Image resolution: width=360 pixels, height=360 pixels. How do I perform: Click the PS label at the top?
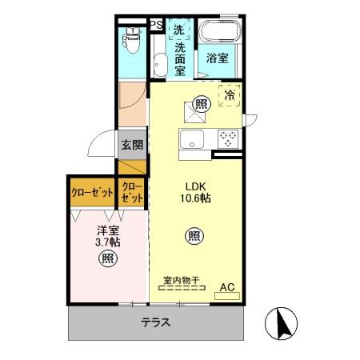pyautogui.click(x=156, y=25)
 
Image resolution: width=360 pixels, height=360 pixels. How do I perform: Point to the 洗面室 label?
pyautogui.click(x=180, y=58)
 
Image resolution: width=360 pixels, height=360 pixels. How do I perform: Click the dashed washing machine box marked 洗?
pyautogui.click(x=179, y=29)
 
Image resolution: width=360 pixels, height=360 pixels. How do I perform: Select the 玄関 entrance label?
pyautogui.click(x=132, y=146)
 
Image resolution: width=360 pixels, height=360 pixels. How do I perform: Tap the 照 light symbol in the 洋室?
pyautogui.click(x=108, y=258)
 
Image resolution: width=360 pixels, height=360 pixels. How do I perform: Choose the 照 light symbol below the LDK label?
pyautogui.click(x=193, y=235)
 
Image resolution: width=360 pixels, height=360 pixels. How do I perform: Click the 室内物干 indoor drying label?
pyautogui.click(x=181, y=280)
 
